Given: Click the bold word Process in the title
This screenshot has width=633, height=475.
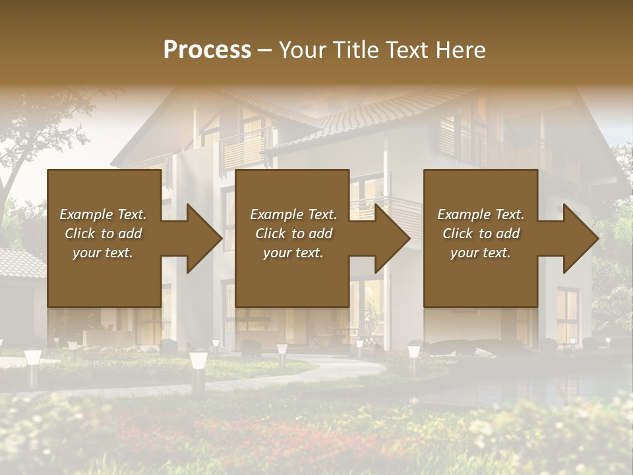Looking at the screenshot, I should tap(207, 50).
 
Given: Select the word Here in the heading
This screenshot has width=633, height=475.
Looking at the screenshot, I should tap(460, 50).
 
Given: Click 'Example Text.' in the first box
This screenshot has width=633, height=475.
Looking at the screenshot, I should tap(103, 214).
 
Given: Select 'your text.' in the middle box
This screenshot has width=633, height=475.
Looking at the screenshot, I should tap(293, 253).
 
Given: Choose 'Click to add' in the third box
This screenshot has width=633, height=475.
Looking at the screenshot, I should tap(481, 234).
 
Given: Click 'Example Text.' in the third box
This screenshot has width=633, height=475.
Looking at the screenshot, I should tap(481, 214).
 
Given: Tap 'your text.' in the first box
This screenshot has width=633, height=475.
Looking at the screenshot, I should tap(103, 253).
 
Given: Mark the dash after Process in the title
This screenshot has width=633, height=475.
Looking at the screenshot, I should tap(265, 50).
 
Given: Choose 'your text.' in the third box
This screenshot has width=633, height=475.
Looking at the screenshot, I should tap(481, 253).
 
